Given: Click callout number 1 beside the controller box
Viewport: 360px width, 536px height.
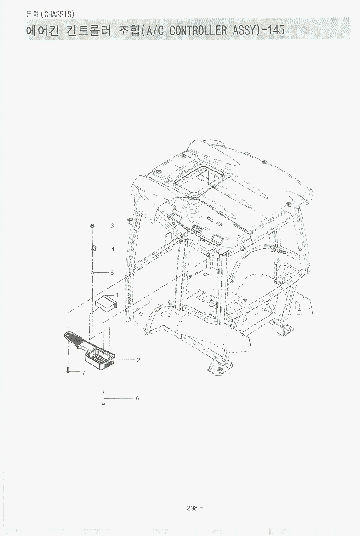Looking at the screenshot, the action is pos(117,295).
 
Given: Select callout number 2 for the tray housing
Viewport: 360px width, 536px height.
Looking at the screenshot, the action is pos(138,360).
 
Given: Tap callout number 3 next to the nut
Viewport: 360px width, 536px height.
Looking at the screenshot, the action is pos(112,226).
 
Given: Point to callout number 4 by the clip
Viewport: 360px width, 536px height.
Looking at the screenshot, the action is pos(113,249).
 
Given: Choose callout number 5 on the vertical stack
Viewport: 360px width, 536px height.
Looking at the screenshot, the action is pos(112,273).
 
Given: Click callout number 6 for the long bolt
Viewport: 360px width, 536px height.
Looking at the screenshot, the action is pos(137,398).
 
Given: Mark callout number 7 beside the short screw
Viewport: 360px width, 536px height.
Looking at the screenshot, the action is pos(84,372).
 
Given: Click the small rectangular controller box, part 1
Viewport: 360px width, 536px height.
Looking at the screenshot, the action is pos(106,302).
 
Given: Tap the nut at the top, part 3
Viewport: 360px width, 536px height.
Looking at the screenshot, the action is pos(92,226).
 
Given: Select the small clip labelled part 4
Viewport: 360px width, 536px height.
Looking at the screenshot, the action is pos(94,248).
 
